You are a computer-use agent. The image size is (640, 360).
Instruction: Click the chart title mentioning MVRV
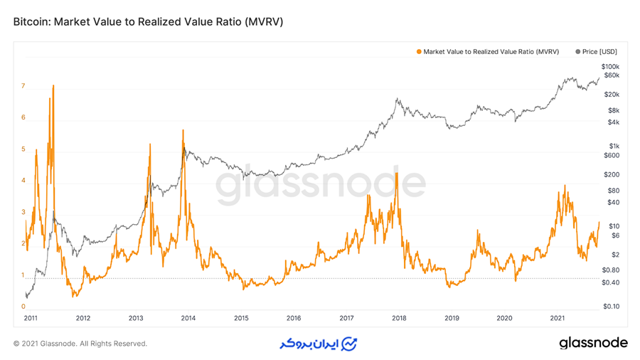click(148, 22)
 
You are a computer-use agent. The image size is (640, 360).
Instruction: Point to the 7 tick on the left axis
click(23, 86)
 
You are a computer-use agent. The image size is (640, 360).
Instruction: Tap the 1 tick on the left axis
click(23, 275)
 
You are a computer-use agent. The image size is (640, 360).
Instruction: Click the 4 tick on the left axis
click(23, 181)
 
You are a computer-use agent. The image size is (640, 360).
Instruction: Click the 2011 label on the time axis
click(31, 318)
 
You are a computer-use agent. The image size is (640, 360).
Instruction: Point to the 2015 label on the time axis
click(241, 318)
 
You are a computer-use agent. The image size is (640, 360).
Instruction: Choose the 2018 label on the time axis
click(400, 318)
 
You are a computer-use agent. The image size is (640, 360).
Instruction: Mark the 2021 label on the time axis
click(558, 318)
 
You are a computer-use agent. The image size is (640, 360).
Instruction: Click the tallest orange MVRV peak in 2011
click(53, 86)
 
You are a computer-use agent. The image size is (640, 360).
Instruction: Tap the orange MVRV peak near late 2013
click(183, 130)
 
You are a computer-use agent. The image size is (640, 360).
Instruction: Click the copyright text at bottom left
click(80, 344)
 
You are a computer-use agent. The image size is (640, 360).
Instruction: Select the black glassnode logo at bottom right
click(593, 343)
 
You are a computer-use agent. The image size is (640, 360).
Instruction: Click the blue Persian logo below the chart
click(317, 344)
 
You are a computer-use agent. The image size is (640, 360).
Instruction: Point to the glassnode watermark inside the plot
click(320, 185)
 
